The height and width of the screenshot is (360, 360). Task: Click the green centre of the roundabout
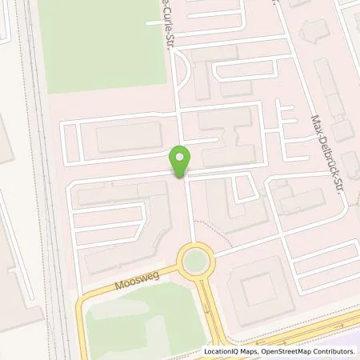pos(193,260)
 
